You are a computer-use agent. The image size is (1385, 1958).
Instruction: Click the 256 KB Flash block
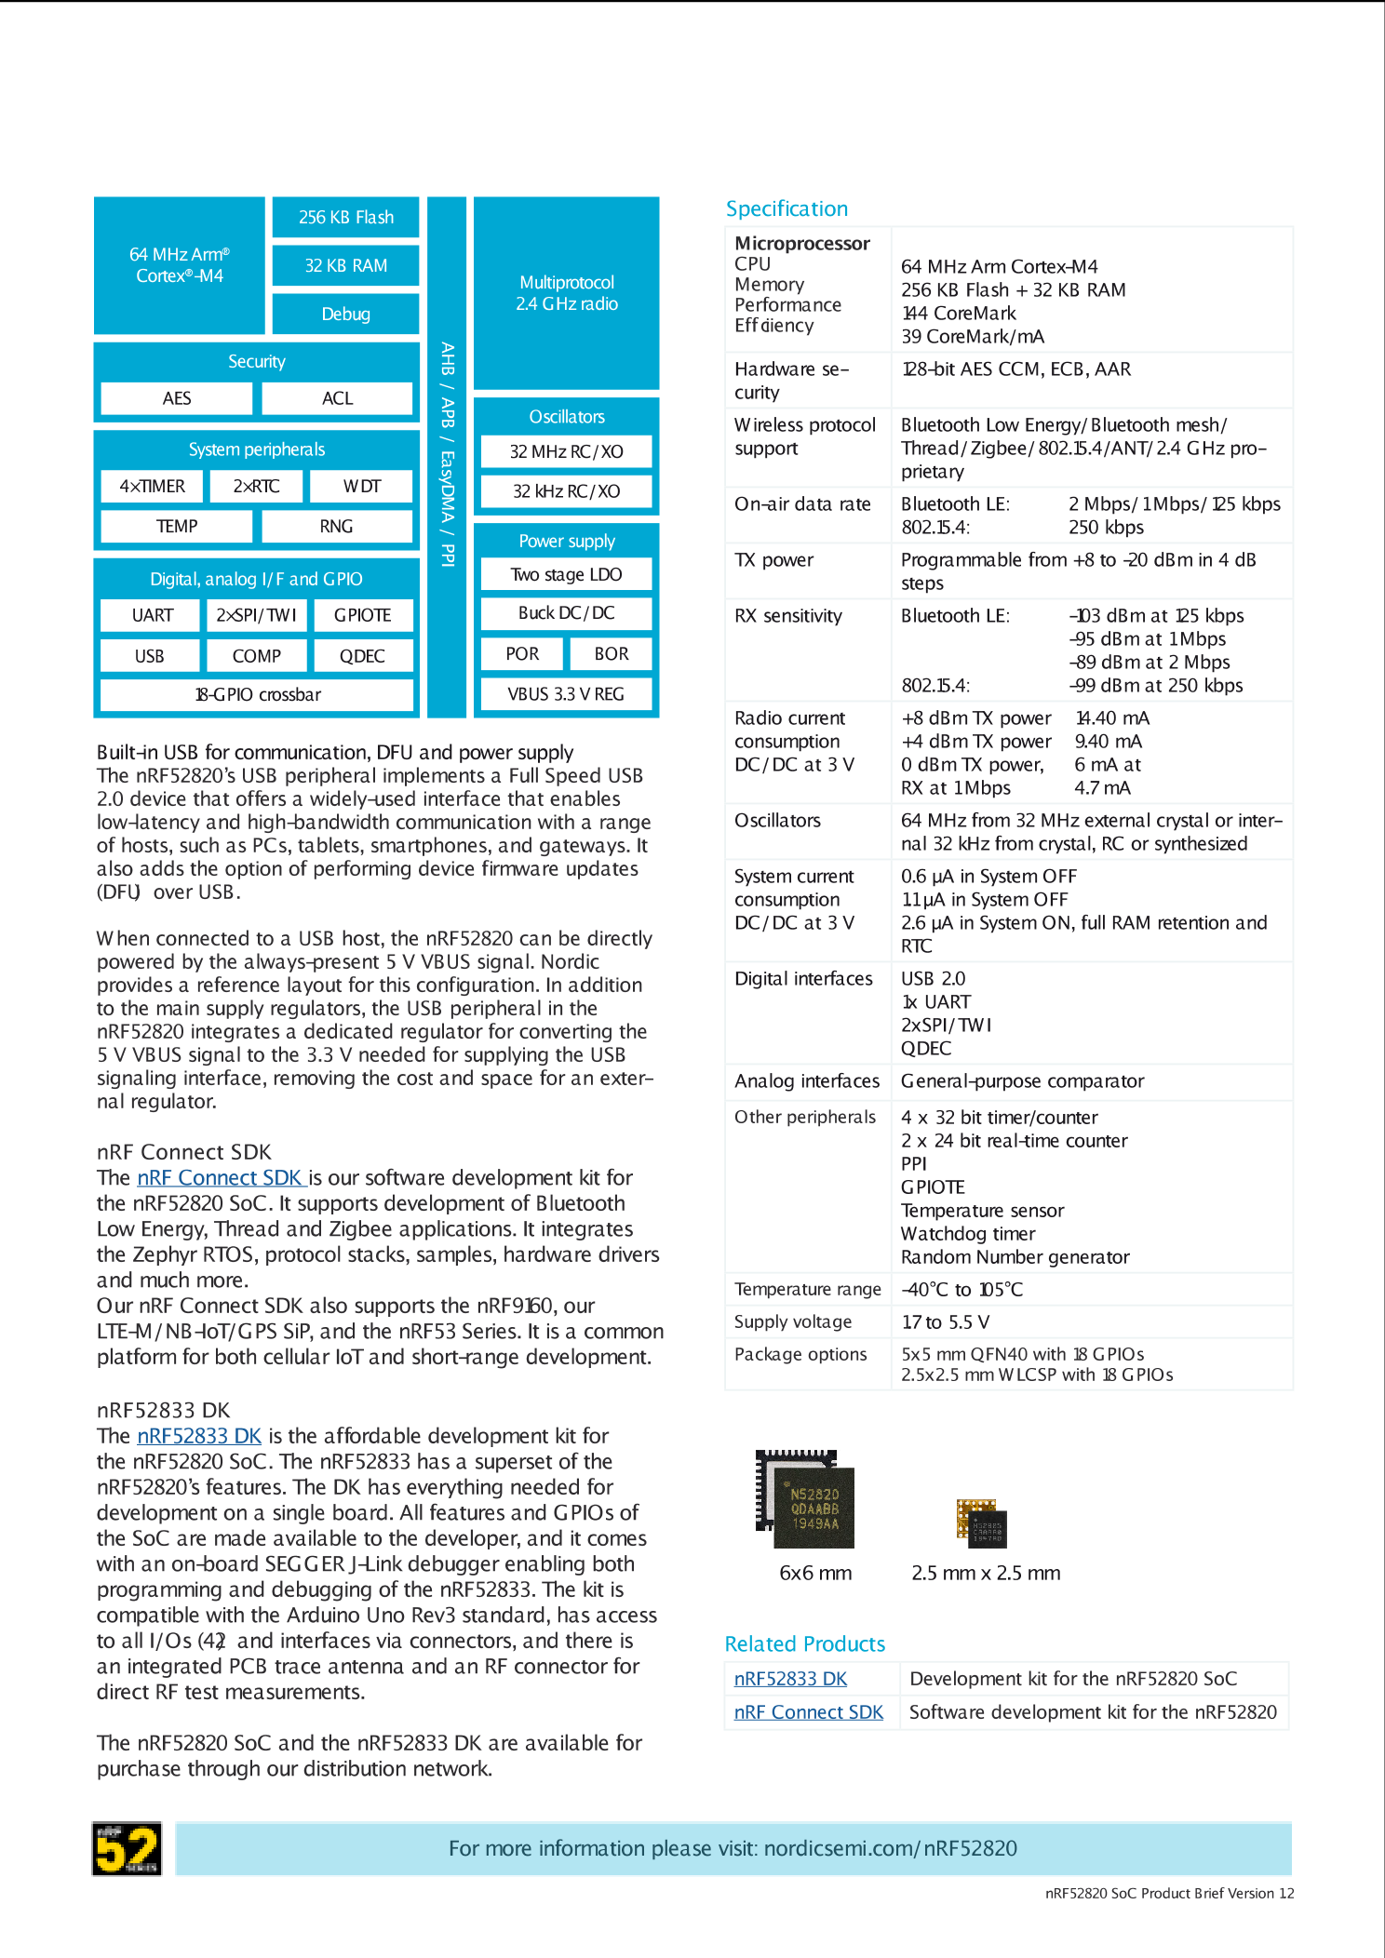coord(345,217)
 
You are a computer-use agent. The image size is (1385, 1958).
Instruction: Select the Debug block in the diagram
coord(345,314)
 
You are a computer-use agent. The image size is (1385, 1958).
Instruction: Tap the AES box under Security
coord(176,398)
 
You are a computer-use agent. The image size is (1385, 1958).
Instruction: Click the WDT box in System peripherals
coord(361,486)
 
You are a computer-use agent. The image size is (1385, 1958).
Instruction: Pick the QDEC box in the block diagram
coord(362,656)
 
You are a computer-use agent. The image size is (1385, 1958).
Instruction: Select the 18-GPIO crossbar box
coord(257,695)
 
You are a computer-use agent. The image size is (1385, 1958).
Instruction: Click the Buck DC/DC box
coord(566,613)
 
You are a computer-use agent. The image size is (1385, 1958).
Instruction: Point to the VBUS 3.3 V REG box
coord(566,694)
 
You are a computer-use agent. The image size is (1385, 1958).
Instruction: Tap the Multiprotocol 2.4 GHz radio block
coord(566,293)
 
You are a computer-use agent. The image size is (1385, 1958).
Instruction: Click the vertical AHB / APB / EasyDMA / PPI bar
coord(447,456)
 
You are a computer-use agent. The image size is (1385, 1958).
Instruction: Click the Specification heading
coord(787,208)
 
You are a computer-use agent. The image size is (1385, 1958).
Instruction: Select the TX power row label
coord(773,560)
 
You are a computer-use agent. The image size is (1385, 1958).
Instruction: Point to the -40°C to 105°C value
coord(961,1290)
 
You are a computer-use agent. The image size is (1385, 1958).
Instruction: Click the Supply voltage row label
coord(792,1321)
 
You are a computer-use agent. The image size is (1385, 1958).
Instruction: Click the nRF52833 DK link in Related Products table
coord(790,1679)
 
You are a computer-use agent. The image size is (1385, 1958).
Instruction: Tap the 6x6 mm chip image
coord(806,1499)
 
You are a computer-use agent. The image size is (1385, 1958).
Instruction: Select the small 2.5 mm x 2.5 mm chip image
coord(981,1523)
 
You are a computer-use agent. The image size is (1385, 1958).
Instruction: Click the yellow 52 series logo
coord(127,1848)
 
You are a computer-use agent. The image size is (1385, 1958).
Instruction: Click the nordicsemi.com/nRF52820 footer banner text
coord(733,1848)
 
